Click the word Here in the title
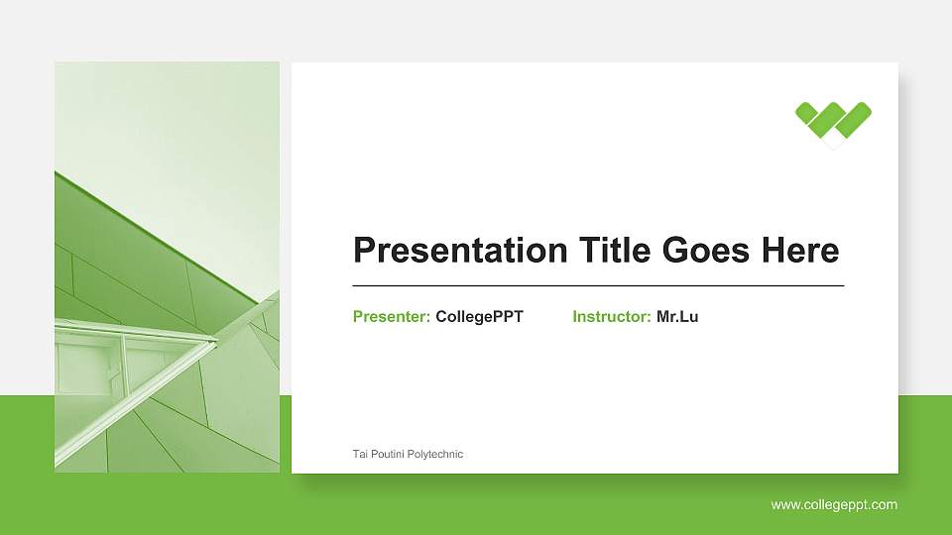(800, 251)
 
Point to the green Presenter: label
(391, 317)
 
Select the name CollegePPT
(479, 317)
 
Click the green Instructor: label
(611, 317)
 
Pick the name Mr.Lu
(677, 317)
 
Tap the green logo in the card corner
(833, 123)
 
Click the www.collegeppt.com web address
(834, 505)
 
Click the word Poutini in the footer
(388, 454)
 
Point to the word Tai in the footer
(360, 454)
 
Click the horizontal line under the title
(598, 285)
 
